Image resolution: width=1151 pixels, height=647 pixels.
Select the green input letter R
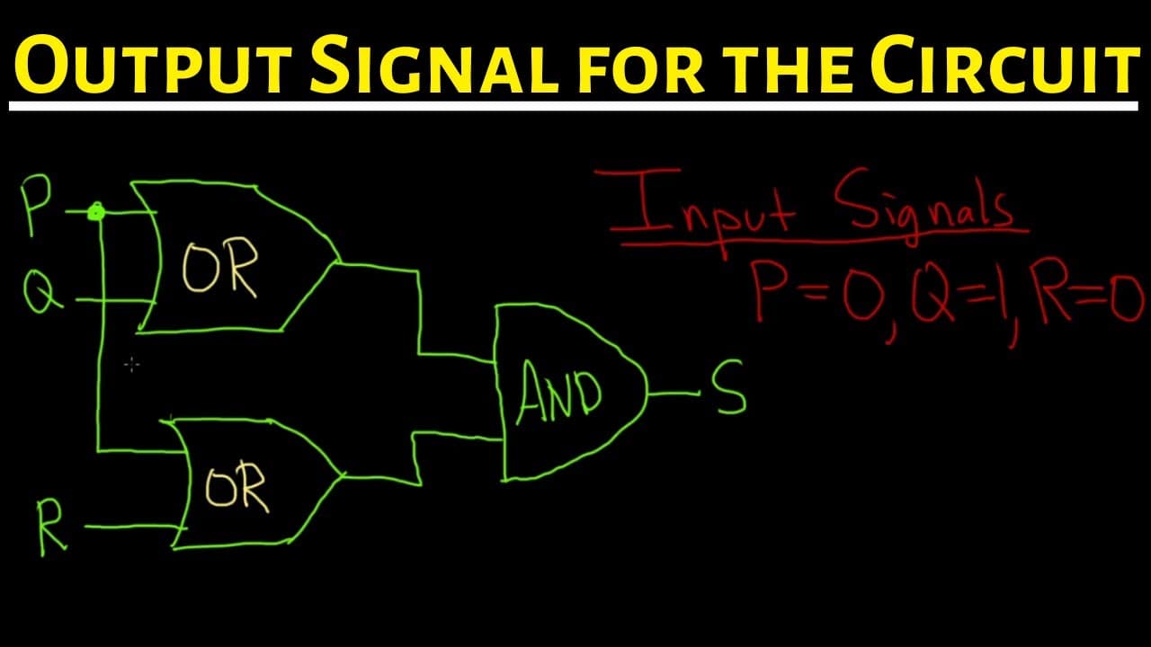click(50, 527)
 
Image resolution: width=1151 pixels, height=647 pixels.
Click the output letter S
click(728, 387)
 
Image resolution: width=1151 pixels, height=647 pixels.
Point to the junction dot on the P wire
click(95, 211)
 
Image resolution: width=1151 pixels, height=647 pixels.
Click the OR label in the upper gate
click(220, 268)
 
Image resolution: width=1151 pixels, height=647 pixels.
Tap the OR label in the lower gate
click(236, 487)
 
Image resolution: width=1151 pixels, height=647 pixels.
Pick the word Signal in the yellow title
click(433, 64)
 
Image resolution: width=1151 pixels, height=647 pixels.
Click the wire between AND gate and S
click(674, 394)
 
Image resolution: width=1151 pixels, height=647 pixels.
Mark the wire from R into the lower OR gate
click(136, 527)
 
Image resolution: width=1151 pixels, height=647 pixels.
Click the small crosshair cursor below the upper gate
click(132, 364)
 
